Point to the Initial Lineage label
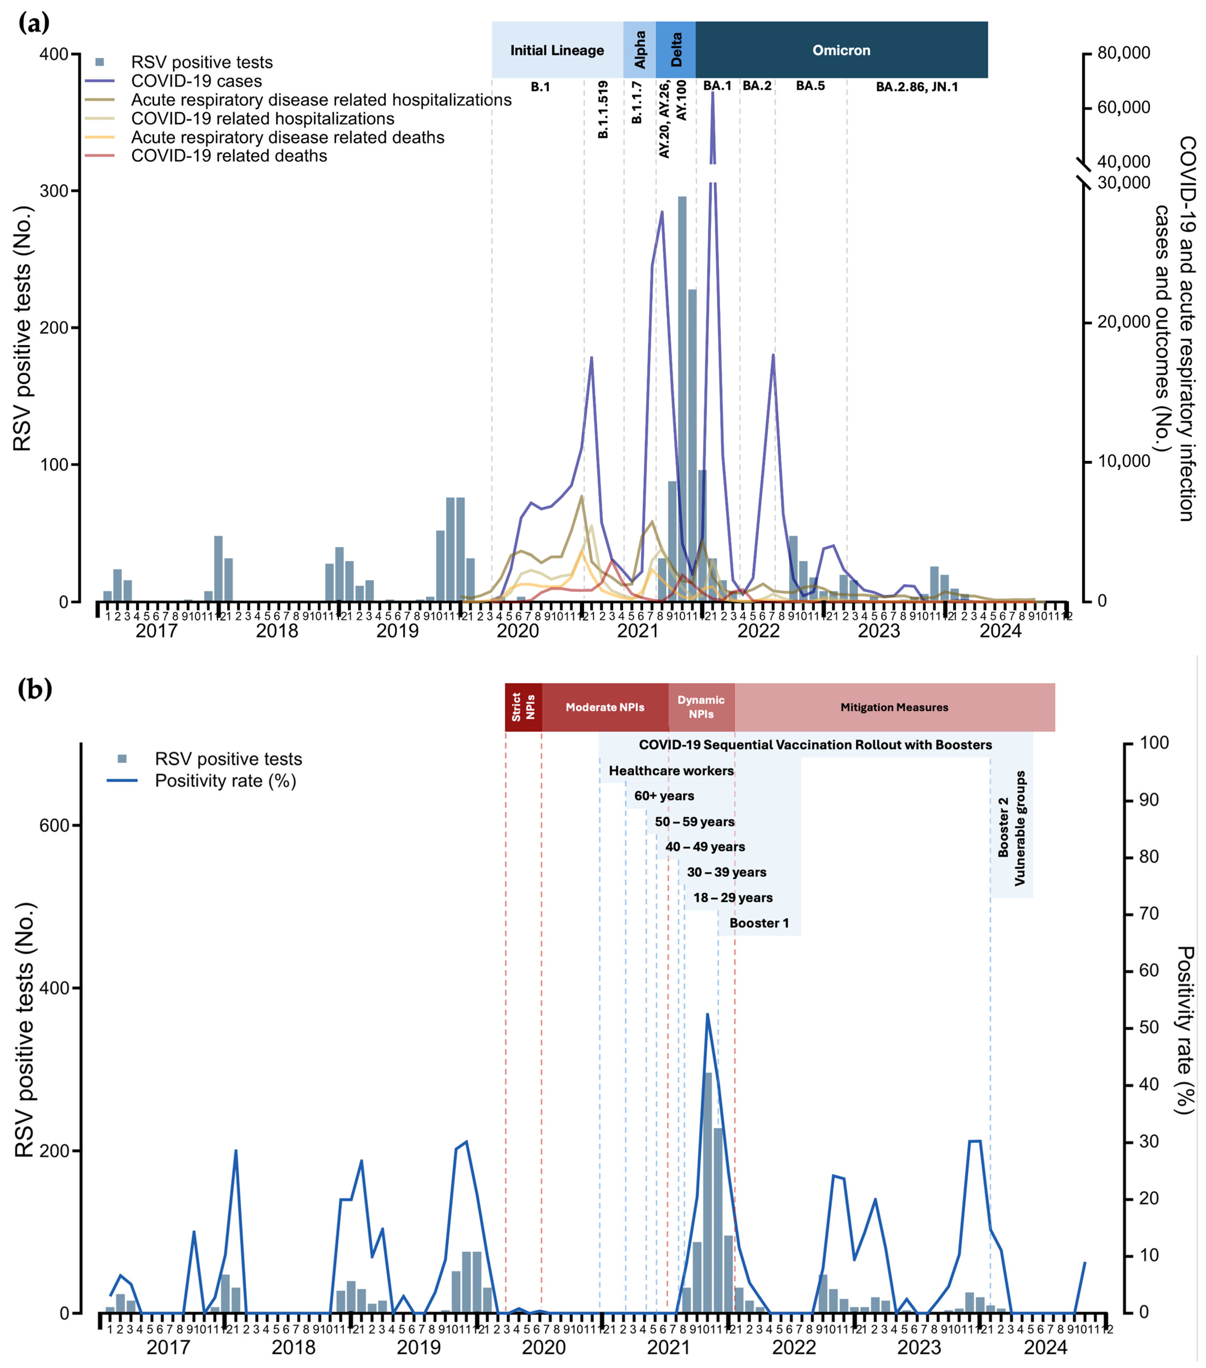pyautogui.click(x=557, y=50)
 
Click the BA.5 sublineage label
pyautogui.click(x=810, y=86)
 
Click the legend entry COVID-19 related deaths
pyautogui.click(x=229, y=156)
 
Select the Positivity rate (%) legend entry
pyautogui.click(x=226, y=781)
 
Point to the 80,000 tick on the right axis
pyautogui.click(x=1123, y=53)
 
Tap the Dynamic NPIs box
pyautogui.click(x=701, y=707)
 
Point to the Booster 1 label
pyautogui.click(x=759, y=923)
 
